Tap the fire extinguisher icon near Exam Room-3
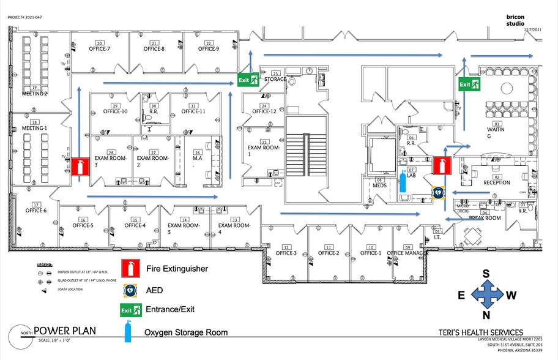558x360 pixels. tap(81, 167)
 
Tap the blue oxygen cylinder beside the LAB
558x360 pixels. tap(403, 181)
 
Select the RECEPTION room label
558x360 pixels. tap(496, 182)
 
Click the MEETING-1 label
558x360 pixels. tap(35, 128)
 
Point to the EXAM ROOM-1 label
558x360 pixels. tap(263, 148)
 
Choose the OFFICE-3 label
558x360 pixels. tap(286, 253)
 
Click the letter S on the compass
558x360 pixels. tap(486, 274)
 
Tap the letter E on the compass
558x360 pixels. tap(463, 296)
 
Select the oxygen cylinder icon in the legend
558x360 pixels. tap(128, 332)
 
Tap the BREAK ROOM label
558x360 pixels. tap(485, 218)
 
